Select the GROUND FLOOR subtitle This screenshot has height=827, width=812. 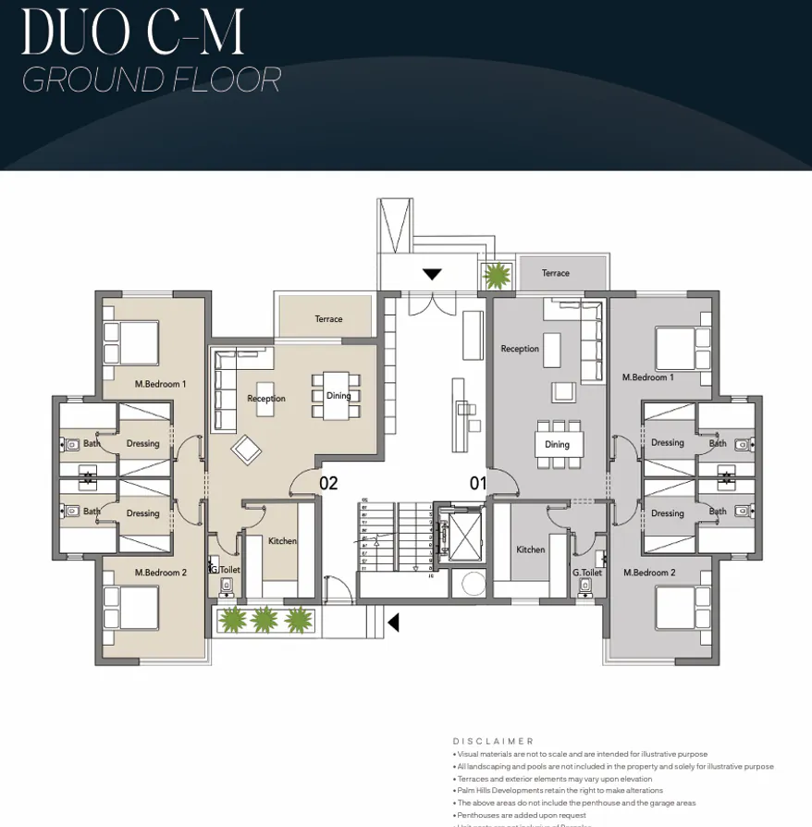click(151, 80)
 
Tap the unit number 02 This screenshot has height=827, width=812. click(328, 483)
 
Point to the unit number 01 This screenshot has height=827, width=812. click(478, 483)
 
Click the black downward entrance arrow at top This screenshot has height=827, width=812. click(432, 275)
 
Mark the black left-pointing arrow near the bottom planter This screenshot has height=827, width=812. click(393, 623)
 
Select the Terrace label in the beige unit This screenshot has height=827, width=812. click(328, 319)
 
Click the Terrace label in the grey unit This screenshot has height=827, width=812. click(556, 273)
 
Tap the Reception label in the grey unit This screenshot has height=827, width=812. click(520, 349)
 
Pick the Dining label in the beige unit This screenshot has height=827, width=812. click(338, 396)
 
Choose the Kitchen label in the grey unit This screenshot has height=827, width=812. click(531, 549)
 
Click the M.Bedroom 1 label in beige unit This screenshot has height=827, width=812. click(161, 384)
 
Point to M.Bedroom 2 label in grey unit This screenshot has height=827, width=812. click(649, 573)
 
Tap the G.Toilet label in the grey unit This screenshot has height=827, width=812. click(587, 573)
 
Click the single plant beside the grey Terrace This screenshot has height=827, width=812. click(498, 275)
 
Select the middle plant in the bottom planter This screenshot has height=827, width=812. click(265, 619)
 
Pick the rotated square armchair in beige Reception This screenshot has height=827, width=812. click(246, 451)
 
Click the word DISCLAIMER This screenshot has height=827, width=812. click(494, 741)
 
